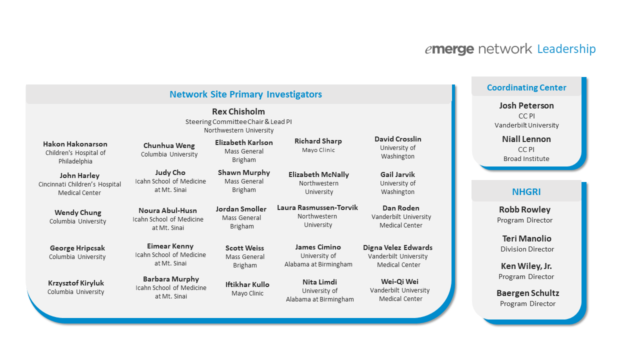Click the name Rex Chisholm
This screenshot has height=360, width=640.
pos(238,111)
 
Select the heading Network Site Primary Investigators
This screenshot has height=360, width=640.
pos(245,94)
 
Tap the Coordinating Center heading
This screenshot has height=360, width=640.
pos(526,87)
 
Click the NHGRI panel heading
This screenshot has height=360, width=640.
pos(526,191)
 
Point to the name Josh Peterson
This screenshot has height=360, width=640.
pos(526,105)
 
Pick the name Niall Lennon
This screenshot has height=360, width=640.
pos(526,139)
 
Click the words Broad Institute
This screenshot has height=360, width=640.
pos(526,158)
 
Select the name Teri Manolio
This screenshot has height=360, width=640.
pos(527,238)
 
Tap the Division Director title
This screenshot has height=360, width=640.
pos(527,249)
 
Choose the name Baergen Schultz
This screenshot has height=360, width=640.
pos(527,293)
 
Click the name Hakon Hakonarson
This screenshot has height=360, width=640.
pos(75,144)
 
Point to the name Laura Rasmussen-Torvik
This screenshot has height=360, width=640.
pos(317,207)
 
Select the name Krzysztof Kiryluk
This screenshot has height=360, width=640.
pos(75,283)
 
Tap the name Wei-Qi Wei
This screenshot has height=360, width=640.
pos(399,281)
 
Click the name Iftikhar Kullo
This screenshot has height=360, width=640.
pos(247,284)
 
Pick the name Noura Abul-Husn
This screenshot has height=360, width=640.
pos(167,210)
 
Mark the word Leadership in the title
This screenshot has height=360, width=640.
pos(566,49)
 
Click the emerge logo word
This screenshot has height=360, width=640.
pos(449,49)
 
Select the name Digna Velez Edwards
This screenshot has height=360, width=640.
pos(397,247)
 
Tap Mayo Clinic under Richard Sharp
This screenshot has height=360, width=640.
pos(318,150)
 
